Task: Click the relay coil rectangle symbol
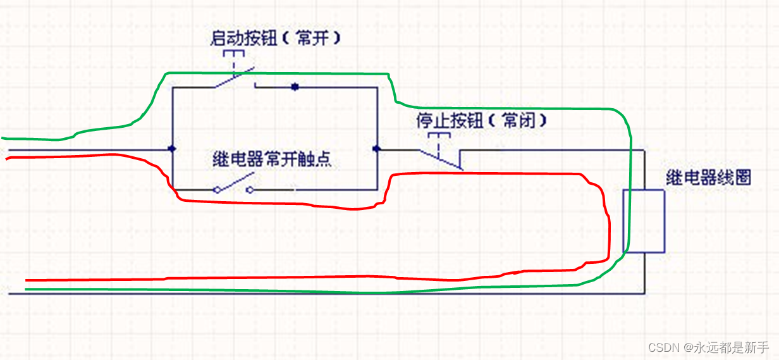(644, 221)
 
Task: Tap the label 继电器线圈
(708, 178)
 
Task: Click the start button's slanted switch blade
(233, 78)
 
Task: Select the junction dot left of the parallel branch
(172, 149)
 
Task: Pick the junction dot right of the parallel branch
(377, 149)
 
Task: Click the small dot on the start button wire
(294, 87)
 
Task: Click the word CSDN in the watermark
(663, 347)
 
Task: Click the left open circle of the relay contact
(217, 189)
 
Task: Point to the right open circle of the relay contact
(249, 189)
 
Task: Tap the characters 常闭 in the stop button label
(515, 120)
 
